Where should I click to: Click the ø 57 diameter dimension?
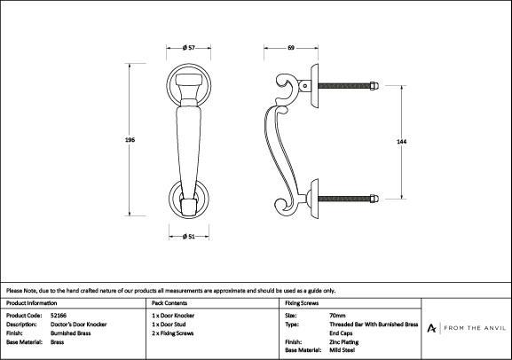point(189,48)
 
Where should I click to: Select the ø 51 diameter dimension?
point(189,236)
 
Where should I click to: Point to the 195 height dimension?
point(130,140)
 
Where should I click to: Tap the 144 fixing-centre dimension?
point(401,142)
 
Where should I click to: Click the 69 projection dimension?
point(291,48)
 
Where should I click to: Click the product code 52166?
point(59,316)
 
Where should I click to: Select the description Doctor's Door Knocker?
point(79,325)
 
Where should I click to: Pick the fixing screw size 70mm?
point(337,316)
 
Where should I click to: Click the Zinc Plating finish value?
point(343,342)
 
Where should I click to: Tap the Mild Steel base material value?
point(342,350)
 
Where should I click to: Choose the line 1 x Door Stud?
point(169,325)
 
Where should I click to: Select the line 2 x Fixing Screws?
point(173,333)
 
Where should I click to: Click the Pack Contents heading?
point(169,303)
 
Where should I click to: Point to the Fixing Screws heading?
point(302,303)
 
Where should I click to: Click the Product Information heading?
point(32,303)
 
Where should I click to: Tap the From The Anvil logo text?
point(475,328)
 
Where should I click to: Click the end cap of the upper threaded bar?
point(374,86)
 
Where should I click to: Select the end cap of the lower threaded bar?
point(374,199)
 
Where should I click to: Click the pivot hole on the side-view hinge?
point(305,86)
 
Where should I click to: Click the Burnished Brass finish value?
point(70,333)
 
